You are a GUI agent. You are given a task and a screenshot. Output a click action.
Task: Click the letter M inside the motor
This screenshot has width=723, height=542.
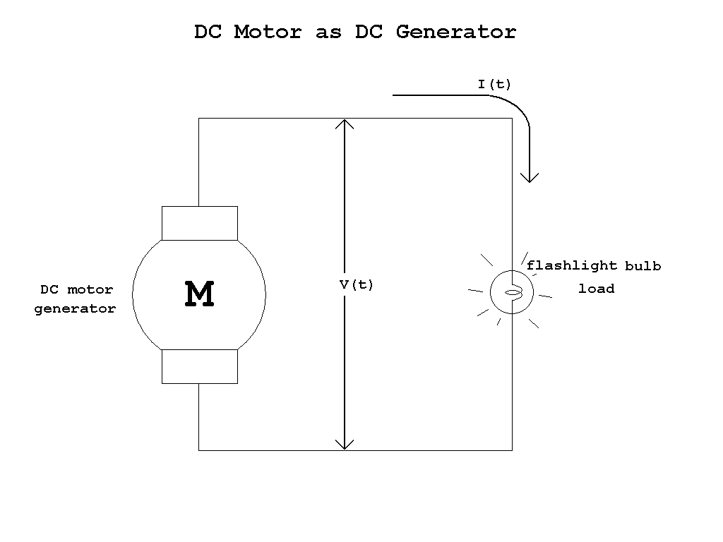[x=199, y=294]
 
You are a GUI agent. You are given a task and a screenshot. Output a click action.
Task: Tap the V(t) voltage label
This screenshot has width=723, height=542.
[x=357, y=285]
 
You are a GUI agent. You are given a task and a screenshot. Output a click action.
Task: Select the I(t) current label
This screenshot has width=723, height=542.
[x=494, y=85]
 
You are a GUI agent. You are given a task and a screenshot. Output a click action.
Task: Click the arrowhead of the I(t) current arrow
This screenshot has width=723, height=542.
[x=529, y=177]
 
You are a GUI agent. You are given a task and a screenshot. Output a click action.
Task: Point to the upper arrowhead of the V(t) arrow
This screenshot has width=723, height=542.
[x=344, y=124]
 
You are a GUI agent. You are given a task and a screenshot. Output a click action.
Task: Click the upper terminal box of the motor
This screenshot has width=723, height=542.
[x=200, y=223]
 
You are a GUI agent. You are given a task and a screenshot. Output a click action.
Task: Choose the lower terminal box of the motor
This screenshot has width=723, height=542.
[x=200, y=366]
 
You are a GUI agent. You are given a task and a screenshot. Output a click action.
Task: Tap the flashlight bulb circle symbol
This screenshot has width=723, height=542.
[x=512, y=291]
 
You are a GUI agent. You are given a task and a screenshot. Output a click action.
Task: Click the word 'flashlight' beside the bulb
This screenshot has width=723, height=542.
[x=571, y=266]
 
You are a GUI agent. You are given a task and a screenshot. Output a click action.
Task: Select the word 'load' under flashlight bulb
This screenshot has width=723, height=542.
[x=597, y=289]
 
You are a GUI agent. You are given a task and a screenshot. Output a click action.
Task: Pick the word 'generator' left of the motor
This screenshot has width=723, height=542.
[x=75, y=308]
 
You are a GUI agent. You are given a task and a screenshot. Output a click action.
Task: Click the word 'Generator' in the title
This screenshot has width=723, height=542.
[x=455, y=32]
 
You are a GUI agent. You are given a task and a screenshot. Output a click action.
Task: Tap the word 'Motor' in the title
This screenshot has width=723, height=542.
[x=268, y=32]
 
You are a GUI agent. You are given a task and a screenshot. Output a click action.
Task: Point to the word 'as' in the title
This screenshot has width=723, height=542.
[x=328, y=32]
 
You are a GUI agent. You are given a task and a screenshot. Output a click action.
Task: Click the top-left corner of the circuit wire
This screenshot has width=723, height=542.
[x=198, y=119]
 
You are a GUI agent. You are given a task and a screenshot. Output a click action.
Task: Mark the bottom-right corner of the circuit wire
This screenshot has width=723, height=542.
[x=512, y=450]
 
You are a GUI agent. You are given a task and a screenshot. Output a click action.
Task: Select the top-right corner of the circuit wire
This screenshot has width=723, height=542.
[x=512, y=119]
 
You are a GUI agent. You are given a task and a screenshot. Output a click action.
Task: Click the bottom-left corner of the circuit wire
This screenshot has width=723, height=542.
[x=198, y=450]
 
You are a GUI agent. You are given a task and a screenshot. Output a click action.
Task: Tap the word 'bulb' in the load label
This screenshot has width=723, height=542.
[x=643, y=266]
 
